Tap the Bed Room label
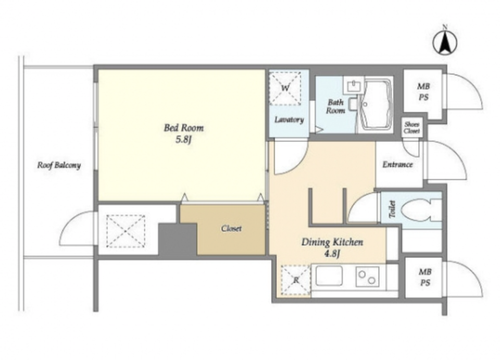tap(184, 128)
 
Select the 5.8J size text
tap(183, 139)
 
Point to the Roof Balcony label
tap(59, 165)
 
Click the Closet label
tap(231, 228)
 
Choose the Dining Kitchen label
tap(332, 242)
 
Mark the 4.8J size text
tap(332, 254)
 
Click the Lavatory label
tap(289, 120)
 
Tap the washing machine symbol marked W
tap(285, 89)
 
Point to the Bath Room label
tap(335, 106)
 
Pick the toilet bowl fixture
tap(421, 210)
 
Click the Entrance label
tap(397, 165)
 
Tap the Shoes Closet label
tap(411, 128)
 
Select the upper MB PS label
tap(423, 92)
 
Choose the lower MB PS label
tap(425, 277)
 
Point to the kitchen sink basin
tap(329, 276)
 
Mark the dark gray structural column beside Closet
tap(177, 239)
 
